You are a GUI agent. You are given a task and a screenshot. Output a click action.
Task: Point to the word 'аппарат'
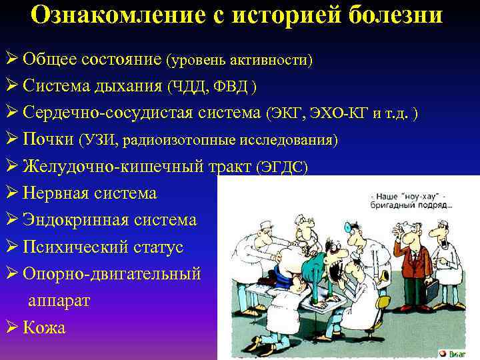tap(59, 301)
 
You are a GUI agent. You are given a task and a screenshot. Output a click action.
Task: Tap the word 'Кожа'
tap(44, 327)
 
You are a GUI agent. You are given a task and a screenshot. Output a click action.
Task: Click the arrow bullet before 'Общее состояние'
tap(11, 59)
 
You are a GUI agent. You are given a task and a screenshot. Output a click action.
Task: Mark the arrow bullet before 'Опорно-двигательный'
tap(11, 274)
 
